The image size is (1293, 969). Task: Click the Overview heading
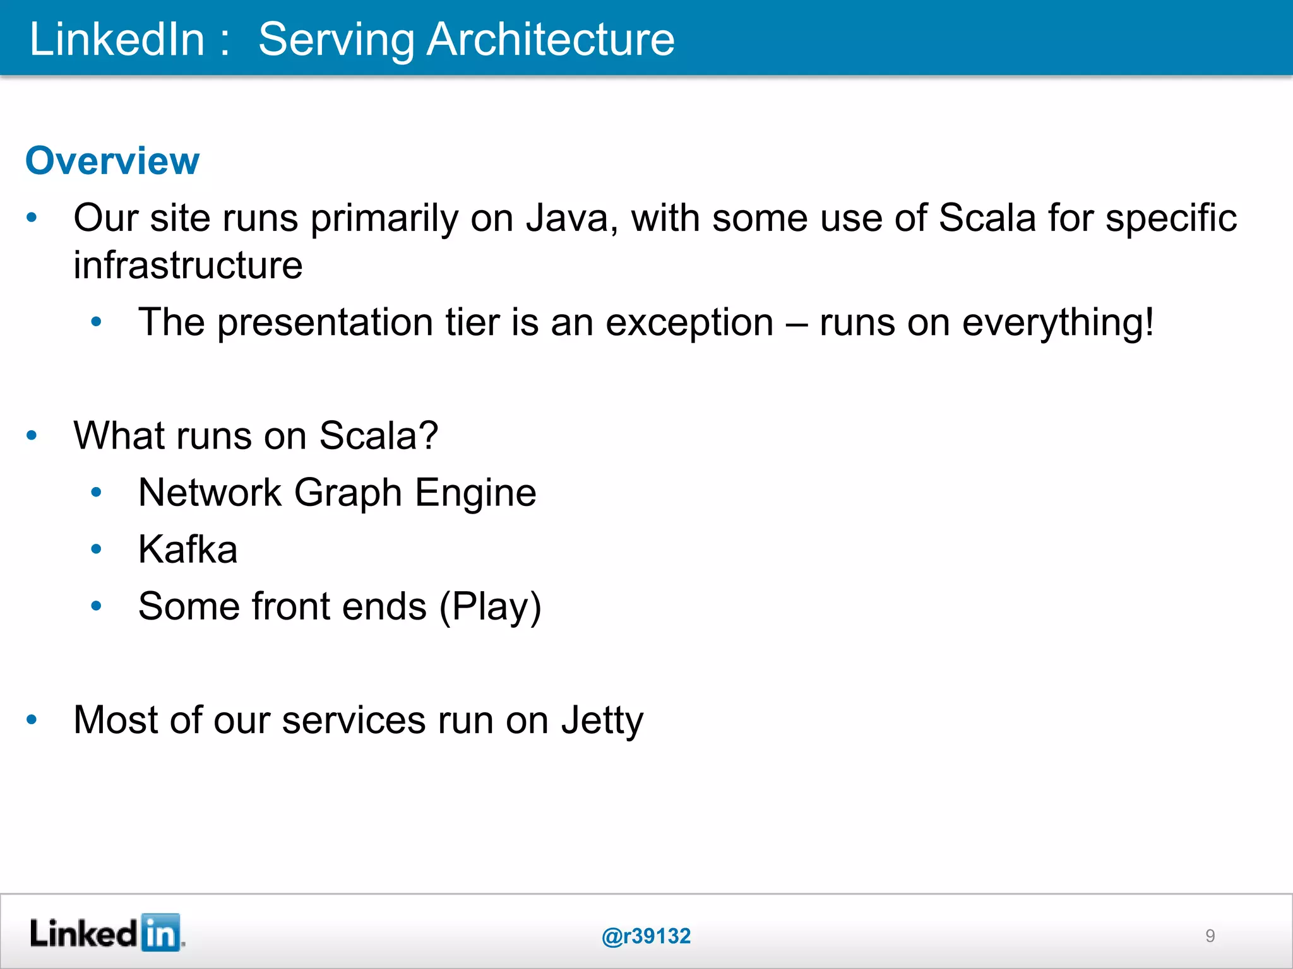(112, 161)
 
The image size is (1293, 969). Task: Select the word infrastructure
(188, 265)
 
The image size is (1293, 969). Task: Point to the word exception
(689, 322)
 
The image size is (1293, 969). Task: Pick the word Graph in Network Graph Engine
(348, 493)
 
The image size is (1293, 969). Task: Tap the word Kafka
(188, 549)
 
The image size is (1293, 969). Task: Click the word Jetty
(602, 720)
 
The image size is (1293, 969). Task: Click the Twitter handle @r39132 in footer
(646, 936)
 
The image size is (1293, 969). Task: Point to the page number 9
(1210, 936)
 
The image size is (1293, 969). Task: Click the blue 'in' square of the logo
(161, 932)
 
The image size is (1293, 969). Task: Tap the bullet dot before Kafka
(96, 549)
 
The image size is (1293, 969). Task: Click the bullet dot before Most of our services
(32, 720)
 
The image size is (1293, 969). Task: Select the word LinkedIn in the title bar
(117, 39)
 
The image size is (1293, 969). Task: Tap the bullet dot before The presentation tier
(96, 322)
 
